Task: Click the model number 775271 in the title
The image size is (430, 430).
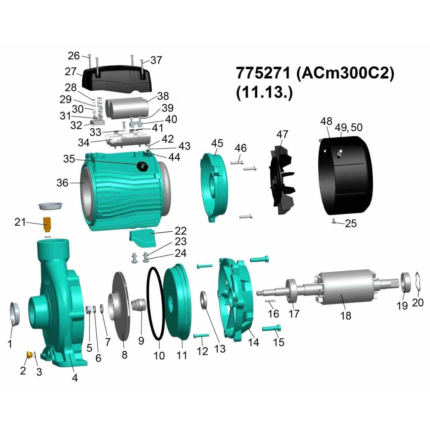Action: coord(263,73)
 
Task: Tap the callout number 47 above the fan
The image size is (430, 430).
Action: coord(282,134)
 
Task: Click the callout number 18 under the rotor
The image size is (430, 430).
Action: coord(346,316)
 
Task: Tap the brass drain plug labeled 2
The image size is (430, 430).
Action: coord(29,355)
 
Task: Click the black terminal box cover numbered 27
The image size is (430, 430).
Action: coord(117,78)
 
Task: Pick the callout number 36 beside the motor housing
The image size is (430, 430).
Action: coord(62,183)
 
